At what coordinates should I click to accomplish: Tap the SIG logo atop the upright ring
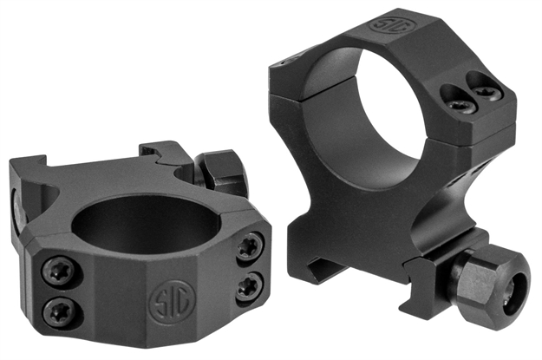(x=386, y=22)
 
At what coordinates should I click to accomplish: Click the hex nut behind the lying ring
(x=224, y=170)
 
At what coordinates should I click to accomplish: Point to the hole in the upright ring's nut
(x=518, y=291)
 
